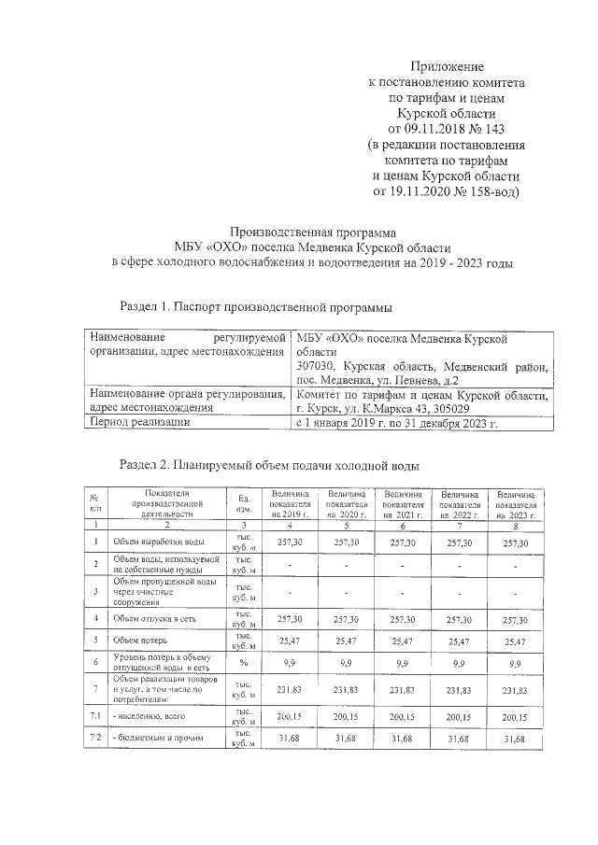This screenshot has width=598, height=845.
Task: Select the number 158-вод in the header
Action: [x=490, y=191]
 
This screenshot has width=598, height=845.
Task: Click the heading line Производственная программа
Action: [x=313, y=232]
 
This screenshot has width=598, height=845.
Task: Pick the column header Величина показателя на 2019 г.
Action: [x=289, y=504]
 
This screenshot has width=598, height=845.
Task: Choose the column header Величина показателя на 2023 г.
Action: [x=515, y=504]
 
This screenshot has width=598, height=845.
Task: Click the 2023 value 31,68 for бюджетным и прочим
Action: [x=515, y=739]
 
